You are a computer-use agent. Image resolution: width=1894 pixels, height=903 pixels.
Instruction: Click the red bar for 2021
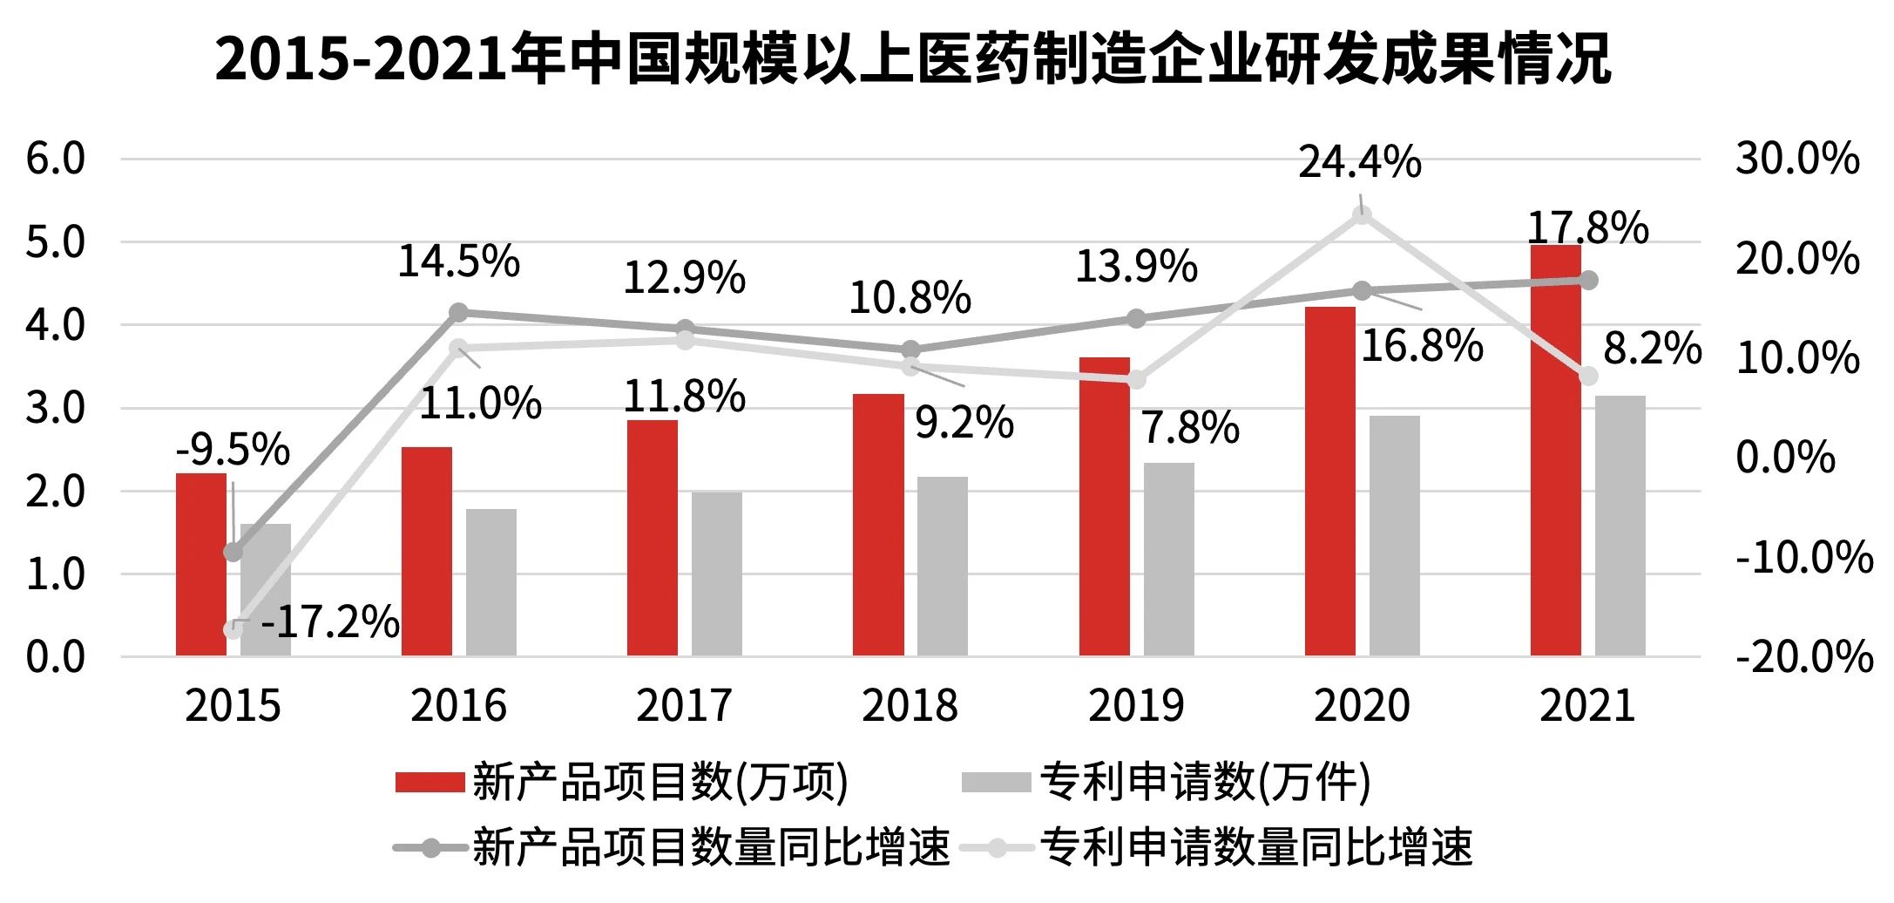point(1555,453)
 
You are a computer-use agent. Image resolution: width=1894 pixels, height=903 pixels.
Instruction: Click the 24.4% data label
point(1359,163)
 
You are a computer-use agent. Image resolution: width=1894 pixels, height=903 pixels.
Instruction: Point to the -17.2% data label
point(329,622)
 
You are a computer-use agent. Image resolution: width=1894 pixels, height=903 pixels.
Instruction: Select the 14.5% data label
point(458,261)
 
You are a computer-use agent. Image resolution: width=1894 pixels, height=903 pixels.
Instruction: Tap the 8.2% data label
point(1652,349)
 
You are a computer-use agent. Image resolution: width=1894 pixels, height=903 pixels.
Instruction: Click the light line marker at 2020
point(1362,215)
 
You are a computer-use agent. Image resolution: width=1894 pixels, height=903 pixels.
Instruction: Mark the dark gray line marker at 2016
point(458,313)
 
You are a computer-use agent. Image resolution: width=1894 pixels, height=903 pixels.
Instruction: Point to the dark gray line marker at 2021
point(1588,280)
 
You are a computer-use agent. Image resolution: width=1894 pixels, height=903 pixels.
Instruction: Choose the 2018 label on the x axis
point(910,705)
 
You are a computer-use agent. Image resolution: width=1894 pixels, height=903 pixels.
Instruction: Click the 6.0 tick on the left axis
point(56,159)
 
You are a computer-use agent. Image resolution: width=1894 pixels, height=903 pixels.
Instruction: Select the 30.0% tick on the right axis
point(1796,159)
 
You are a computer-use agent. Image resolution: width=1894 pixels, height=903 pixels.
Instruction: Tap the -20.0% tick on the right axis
point(1803,656)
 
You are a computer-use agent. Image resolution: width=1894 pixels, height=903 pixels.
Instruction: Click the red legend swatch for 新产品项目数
point(429,782)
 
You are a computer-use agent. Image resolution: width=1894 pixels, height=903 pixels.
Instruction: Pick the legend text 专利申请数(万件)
point(1205,782)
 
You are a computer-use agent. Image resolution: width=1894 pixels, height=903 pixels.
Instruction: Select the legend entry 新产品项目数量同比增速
point(710,847)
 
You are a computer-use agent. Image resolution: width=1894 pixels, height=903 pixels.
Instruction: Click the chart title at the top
point(912,59)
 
